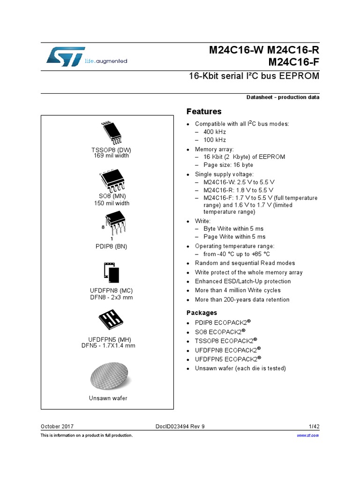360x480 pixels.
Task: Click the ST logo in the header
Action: (66, 56)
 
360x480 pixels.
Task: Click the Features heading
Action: (204, 112)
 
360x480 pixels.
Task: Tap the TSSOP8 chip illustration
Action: (111, 133)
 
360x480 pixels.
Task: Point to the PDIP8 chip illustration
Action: (114, 222)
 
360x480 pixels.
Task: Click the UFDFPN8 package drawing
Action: (111, 272)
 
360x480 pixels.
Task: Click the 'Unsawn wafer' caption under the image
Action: (108, 398)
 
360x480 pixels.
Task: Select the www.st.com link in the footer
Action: (308, 435)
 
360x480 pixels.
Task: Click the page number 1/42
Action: (314, 427)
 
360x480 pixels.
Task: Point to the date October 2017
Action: (57, 427)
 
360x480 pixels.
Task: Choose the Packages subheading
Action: (202, 313)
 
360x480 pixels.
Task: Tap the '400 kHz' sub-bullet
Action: (215, 132)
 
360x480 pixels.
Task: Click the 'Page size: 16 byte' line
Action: (228, 165)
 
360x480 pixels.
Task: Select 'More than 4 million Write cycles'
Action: (238, 291)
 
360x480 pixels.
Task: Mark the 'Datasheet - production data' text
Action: (283, 97)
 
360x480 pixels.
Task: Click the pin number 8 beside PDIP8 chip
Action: (103, 227)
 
